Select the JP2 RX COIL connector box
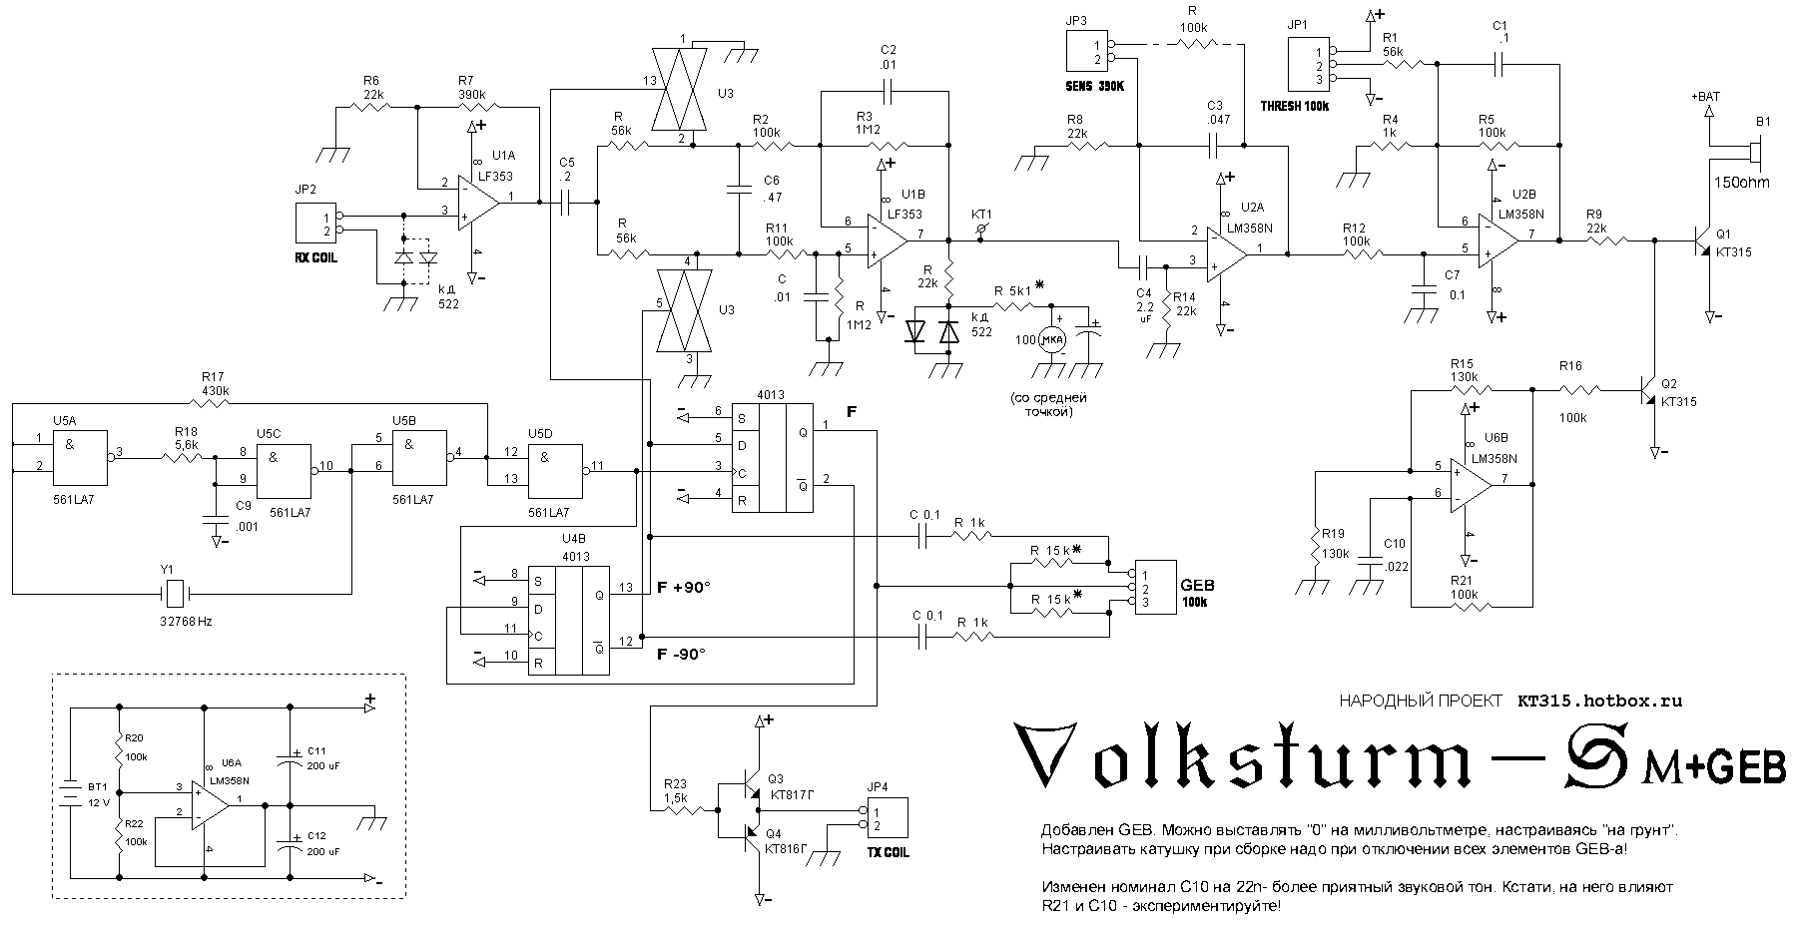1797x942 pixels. point(314,223)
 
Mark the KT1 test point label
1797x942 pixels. point(982,215)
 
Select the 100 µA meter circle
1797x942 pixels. point(1052,340)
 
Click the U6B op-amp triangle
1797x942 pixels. point(1471,484)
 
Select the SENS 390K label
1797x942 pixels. point(1095,87)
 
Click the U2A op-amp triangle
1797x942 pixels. point(1226,249)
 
